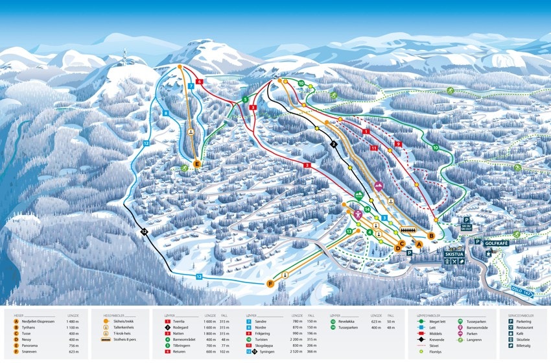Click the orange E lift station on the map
click(x=197, y=164)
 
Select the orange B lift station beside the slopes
click(x=432, y=235)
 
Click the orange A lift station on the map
click(x=419, y=244)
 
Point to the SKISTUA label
click(x=454, y=255)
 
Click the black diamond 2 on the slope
click(x=334, y=145)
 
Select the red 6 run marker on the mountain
click(x=200, y=82)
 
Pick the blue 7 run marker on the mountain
click(x=191, y=86)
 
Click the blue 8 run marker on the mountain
click(x=165, y=113)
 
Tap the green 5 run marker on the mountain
click(x=245, y=99)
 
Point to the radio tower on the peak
click(x=124, y=56)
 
